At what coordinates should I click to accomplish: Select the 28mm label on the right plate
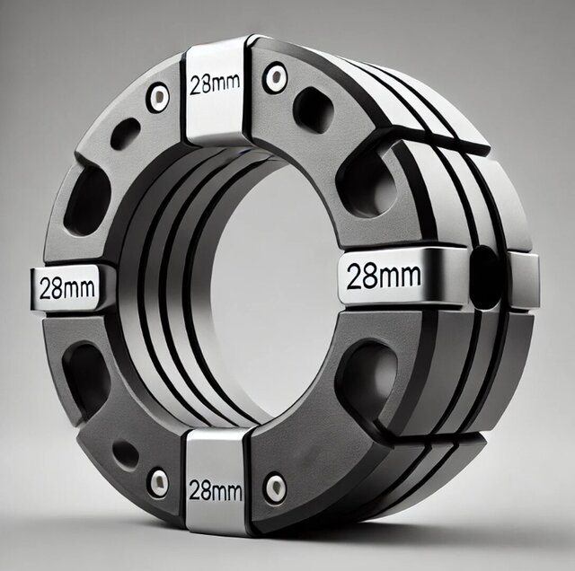click(x=384, y=277)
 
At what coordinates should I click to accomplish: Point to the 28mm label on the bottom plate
click(x=216, y=490)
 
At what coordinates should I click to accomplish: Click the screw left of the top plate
click(x=159, y=96)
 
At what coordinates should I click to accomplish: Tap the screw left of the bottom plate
click(x=159, y=482)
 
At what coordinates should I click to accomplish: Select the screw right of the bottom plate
click(x=276, y=488)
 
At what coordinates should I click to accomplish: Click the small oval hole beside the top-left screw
click(x=126, y=133)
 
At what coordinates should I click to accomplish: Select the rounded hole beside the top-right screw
click(x=314, y=110)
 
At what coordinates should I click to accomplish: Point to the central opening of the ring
click(x=270, y=287)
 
